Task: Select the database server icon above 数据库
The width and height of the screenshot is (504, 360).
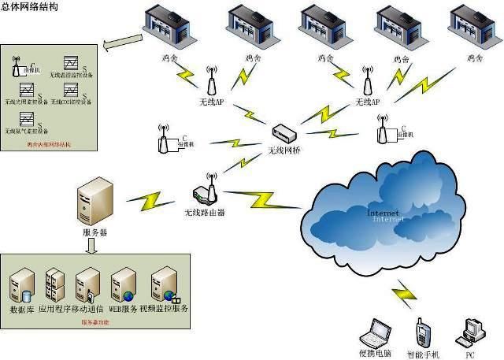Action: tap(22, 285)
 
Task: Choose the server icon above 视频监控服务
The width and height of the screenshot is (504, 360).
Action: tap(164, 284)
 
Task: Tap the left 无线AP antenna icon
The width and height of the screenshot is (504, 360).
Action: tap(211, 82)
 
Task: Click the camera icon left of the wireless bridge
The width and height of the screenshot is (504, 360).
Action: tap(164, 139)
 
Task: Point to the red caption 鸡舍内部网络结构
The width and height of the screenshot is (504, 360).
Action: tap(49, 145)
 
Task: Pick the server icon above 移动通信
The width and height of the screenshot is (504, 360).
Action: tap(86, 284)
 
